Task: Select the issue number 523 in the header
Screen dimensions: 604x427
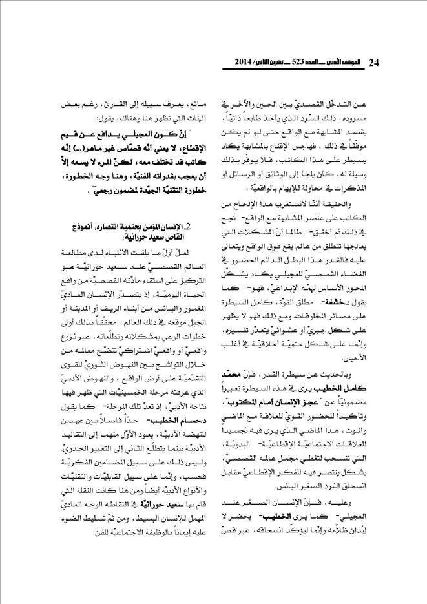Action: click(296, 63)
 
